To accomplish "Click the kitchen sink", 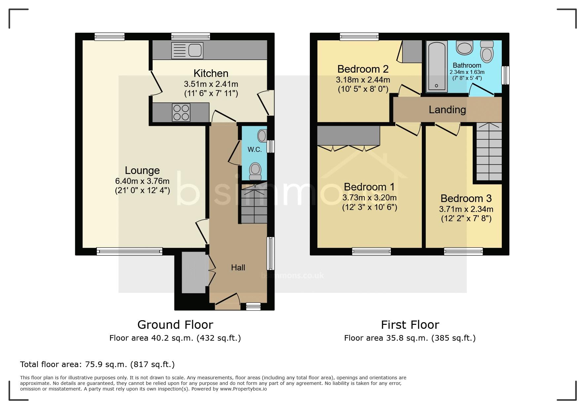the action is pos(187,51).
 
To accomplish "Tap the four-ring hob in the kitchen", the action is pos(181,113).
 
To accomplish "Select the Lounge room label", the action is pos(142,170).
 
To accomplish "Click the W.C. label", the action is pos(255,150).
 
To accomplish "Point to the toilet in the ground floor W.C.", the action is pos(255,171).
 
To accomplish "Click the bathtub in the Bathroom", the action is pos(437,66).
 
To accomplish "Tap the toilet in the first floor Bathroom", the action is pos(487,52).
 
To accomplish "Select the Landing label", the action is pos(447,110).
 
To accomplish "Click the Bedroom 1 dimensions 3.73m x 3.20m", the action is pos(369,198).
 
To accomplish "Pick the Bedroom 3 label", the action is pos(466,198).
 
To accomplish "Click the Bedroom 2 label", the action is pos(363,69).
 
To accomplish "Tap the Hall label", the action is pos(238,267).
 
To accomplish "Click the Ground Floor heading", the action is pos(175,325).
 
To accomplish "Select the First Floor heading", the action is pos(410,325).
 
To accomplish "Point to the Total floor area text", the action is pos(97,364).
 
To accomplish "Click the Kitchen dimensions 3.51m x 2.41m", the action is pos(211,84).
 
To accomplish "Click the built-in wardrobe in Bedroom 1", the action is pos(348,136).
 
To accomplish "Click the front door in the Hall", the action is pos(228,301).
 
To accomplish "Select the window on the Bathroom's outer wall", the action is pos(505,75).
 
